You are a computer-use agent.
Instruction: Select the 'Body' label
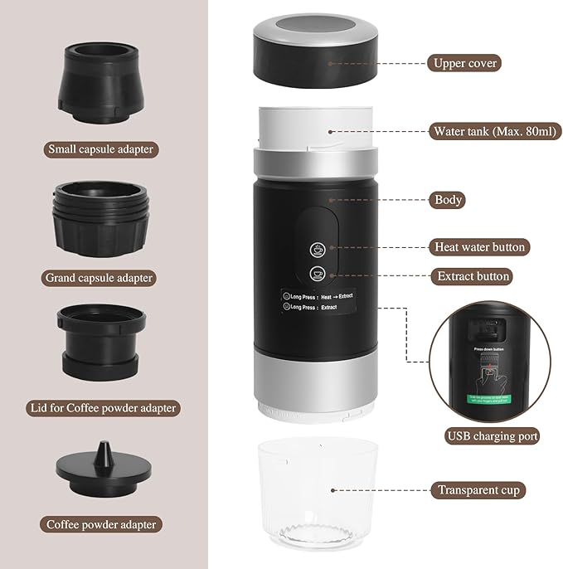[x=449, y=200]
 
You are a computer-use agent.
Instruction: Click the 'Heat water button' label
[x=480, y=247]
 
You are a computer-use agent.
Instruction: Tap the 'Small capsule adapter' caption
[x=101, y=150]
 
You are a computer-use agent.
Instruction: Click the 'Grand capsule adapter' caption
[x=101, y=278]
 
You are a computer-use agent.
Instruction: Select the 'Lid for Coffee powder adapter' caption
[x=101, y=408]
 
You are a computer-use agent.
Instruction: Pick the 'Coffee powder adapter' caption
[x=101, y=524]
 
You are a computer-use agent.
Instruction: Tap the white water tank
[x=316, y=129]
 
